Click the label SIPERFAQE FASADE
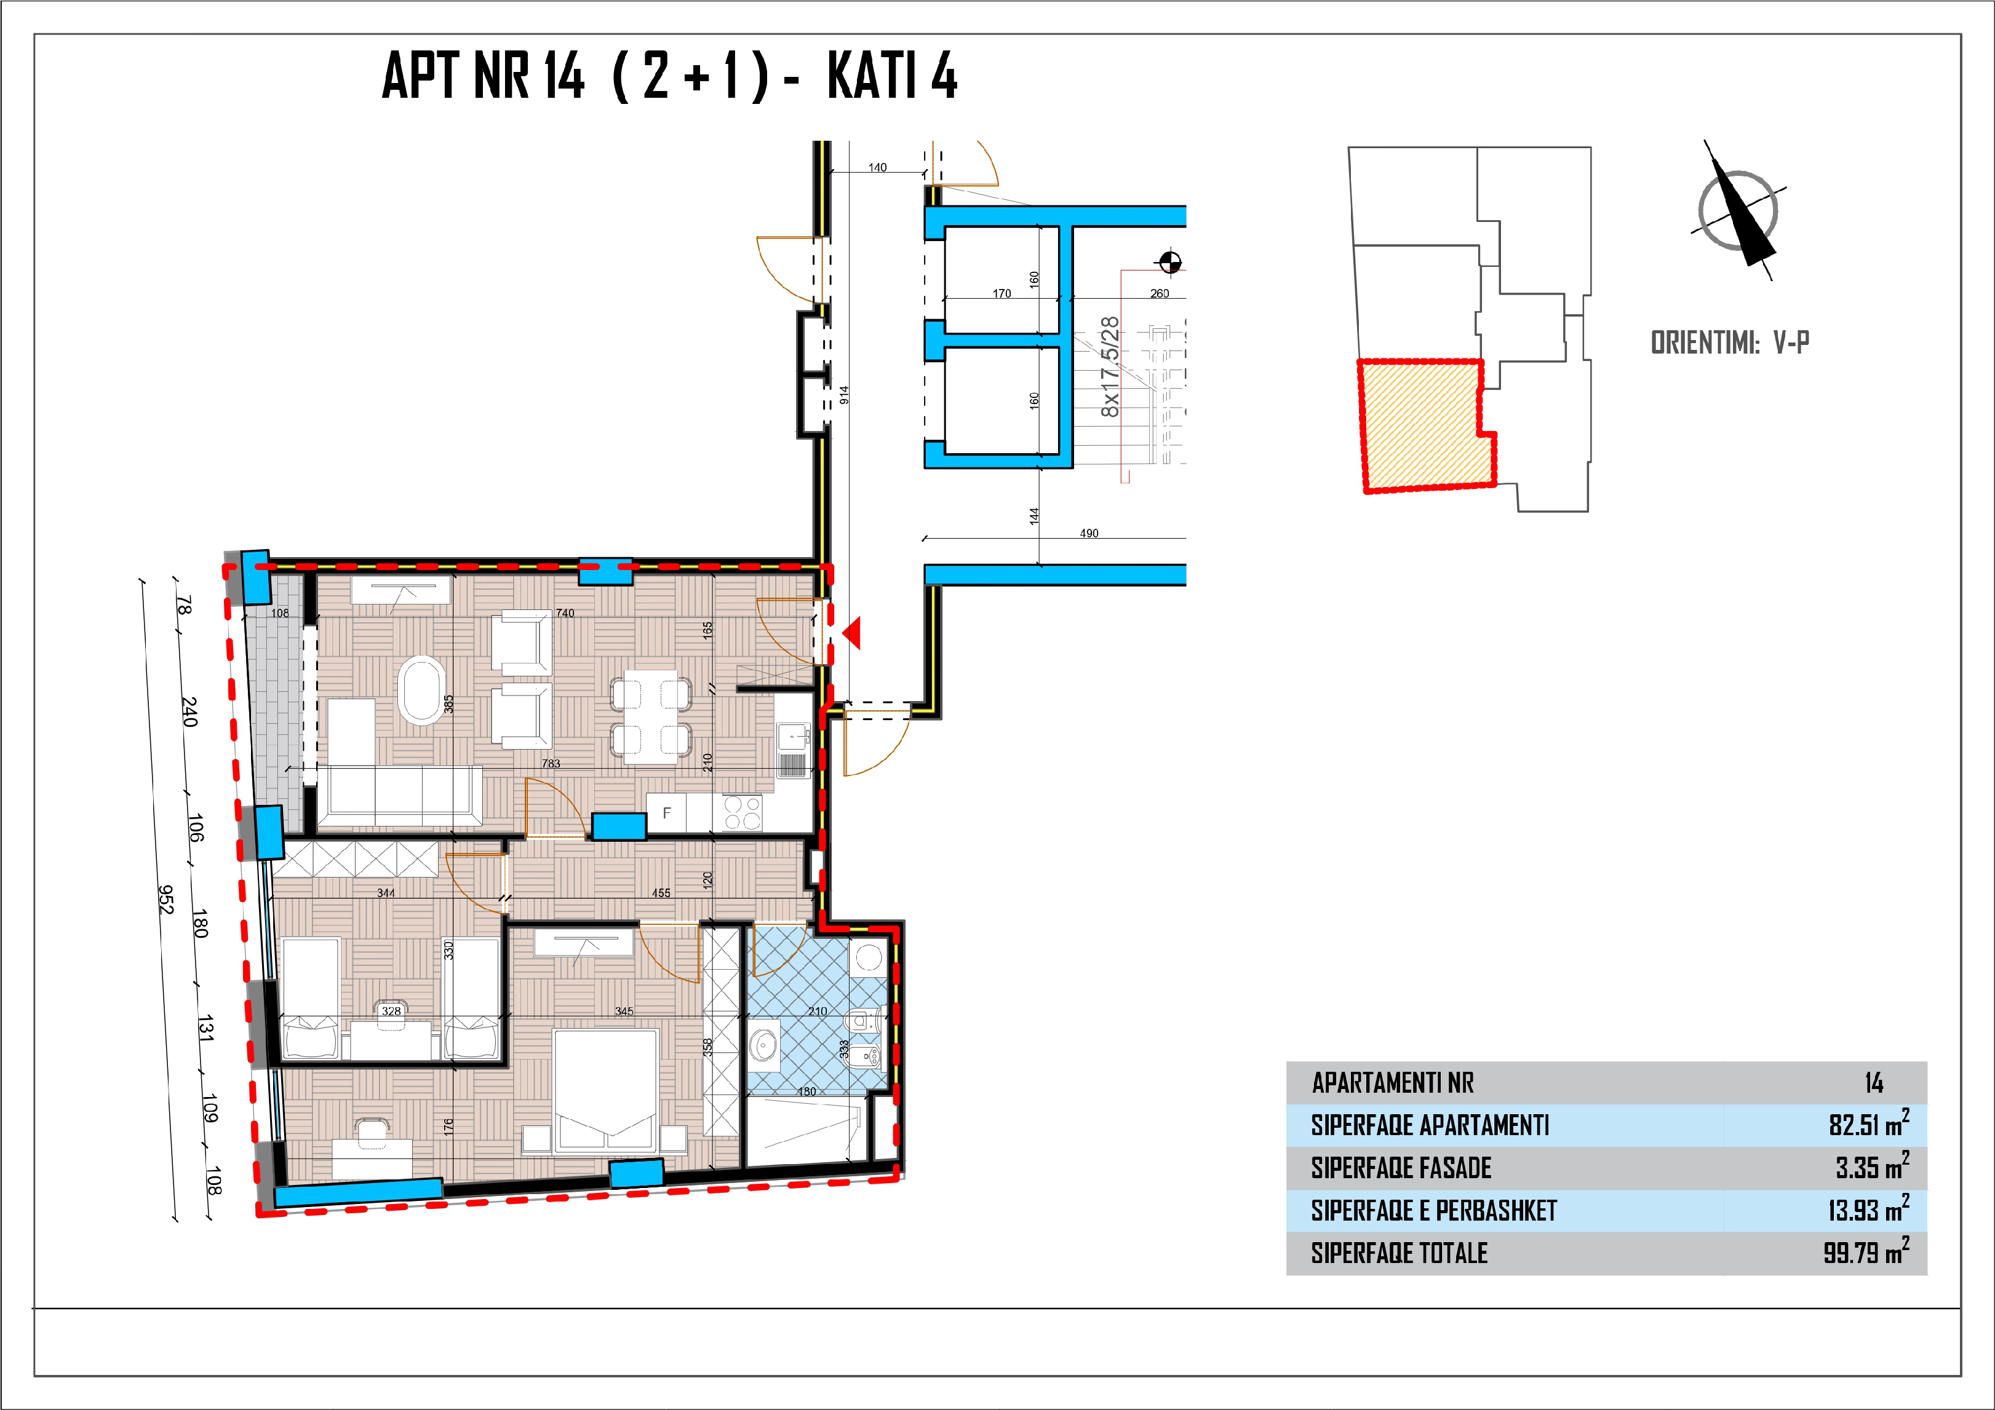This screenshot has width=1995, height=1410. (x=1401, y=1168)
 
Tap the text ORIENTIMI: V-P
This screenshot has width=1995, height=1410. (x=1730, y=343)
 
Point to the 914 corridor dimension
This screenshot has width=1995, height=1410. (x=843, y=394)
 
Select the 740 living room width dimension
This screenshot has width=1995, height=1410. (x=565, y=612)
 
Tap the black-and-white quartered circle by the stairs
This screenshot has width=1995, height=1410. (x=1169, y=261)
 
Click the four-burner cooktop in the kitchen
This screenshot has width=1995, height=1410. (x=742, y=813)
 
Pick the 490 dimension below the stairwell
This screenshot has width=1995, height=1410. (x=1089, y=533)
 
